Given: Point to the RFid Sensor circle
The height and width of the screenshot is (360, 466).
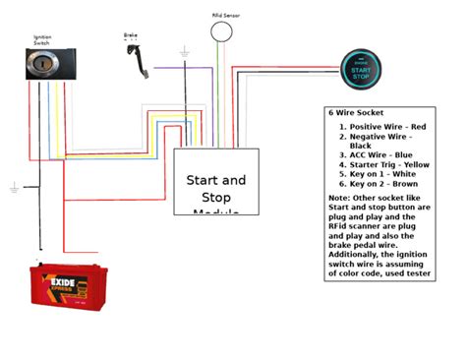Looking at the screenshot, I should (x=223, y=32).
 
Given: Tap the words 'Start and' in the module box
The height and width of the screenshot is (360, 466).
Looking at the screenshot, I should (x=216, y=180).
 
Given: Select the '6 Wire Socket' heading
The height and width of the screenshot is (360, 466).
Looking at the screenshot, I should (x=357, y=113).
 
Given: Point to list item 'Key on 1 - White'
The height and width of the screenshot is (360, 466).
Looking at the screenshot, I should (x=377, y=173).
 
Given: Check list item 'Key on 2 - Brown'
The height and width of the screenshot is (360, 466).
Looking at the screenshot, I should (x=378, y=183).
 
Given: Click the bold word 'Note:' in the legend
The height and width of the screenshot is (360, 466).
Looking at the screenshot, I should (x=339, y=198).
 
